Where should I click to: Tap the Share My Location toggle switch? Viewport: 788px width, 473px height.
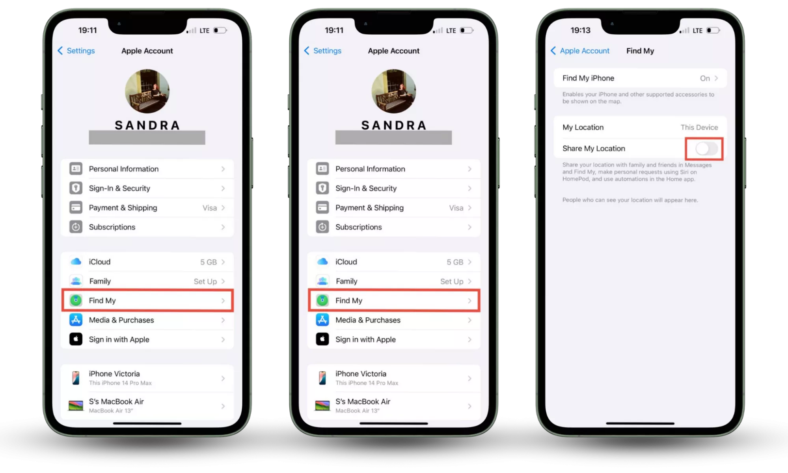[706, 149]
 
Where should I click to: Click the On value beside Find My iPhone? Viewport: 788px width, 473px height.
[705, 78]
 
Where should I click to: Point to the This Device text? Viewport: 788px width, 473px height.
[699, 127]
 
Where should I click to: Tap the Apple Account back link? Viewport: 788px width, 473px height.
[580, 51]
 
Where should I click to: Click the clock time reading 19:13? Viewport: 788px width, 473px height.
[580, 30]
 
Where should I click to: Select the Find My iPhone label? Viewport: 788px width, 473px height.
[588, 78]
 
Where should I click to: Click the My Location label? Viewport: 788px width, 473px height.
[583, 127]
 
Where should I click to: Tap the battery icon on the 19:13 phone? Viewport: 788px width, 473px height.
[713, 30]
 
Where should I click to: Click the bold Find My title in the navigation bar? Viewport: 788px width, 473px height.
[640, 51]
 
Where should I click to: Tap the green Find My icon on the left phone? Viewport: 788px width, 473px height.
[76, 300]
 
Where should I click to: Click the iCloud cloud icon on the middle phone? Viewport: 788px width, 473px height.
[322, 262]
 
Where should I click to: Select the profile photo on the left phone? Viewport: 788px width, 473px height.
[147, 91]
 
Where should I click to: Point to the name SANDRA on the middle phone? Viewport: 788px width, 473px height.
[394, 125]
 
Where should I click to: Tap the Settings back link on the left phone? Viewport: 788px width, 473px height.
[76, 51]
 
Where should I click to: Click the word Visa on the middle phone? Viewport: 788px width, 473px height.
[456, 208]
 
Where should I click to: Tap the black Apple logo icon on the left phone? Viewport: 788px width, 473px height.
[76, 339]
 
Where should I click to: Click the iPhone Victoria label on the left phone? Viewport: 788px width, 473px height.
[114, 374]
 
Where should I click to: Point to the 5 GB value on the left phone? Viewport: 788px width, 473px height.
[209, 262]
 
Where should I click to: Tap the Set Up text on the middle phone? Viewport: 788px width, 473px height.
[452, 281]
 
